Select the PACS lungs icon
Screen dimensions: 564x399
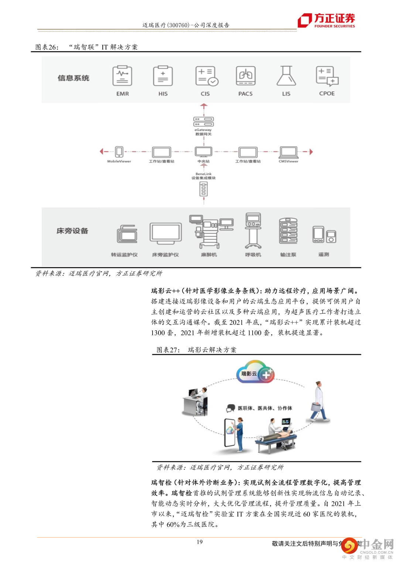click(x=246, y=76)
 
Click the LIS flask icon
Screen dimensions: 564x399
click(x=286, y=76)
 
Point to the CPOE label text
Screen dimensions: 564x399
click(x=327, y=93)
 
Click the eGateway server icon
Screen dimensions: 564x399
click(x=204, y=122)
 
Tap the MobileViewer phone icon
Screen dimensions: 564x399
click(x=119, y=152)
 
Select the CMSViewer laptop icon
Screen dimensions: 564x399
click(x=289, y=152)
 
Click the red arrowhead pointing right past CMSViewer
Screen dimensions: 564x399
click(x=311, y=151)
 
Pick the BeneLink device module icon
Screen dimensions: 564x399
click(x=204, y=189)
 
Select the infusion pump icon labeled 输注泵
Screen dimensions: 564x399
click(x=288, y=231)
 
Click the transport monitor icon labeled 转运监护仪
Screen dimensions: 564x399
click(x=127, y=234)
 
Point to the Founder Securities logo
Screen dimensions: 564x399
click(x=327, y=20)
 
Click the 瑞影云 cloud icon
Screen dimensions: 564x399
click(x=255, y=372)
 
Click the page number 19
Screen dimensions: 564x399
click(x=199, y=542)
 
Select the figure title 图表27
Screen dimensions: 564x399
click(x=168, y=350)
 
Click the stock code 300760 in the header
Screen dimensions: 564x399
click(x=179, y=25)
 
